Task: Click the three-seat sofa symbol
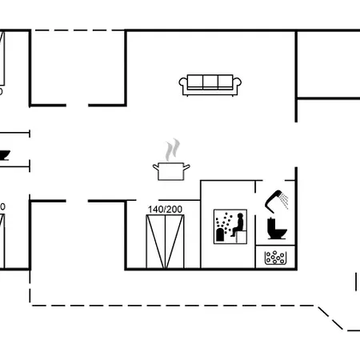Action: (x=210, y=85)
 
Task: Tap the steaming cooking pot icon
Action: (x=171, y=159)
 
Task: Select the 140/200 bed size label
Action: (x=165, y=210)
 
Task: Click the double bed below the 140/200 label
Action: (x=165, y=242)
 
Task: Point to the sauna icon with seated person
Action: (x=230, y=226)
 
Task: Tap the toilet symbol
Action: (x=277, y=229)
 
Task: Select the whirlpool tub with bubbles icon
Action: (x=275, y=258)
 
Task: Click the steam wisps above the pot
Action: (x=172, y=150)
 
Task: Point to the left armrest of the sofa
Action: (x=183, y=86)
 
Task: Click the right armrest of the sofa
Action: (x=238, y=86)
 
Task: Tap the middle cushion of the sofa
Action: (x=210, y=82)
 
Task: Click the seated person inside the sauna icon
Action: (x=238, y=225)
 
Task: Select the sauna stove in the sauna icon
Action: (x=220, y=234)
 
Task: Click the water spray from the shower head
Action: (x=284, y=201)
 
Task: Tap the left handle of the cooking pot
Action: (x=156, y=167)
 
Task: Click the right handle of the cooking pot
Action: (x=186, y=167)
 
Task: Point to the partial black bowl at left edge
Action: (x=5, y=155)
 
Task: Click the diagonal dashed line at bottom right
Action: (x=330, y=318)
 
